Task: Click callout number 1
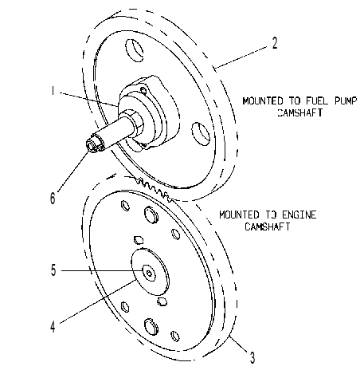(53, 91)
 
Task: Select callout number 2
(275, 43)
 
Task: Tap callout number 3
(252, 357)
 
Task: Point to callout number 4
(53, 326)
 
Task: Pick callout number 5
(53, 270)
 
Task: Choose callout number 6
(53, 198)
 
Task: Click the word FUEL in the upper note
(317, 101)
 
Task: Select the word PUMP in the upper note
(345, 101)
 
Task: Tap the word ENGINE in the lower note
(299, 215)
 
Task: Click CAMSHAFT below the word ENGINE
(267, 226)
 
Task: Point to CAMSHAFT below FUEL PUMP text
(300, 112)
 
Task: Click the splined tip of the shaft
(92, 145)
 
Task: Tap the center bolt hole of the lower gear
(149, 273)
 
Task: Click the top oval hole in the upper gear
(135, 50)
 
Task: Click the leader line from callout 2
(241, 57)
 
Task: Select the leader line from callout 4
(98, 301)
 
